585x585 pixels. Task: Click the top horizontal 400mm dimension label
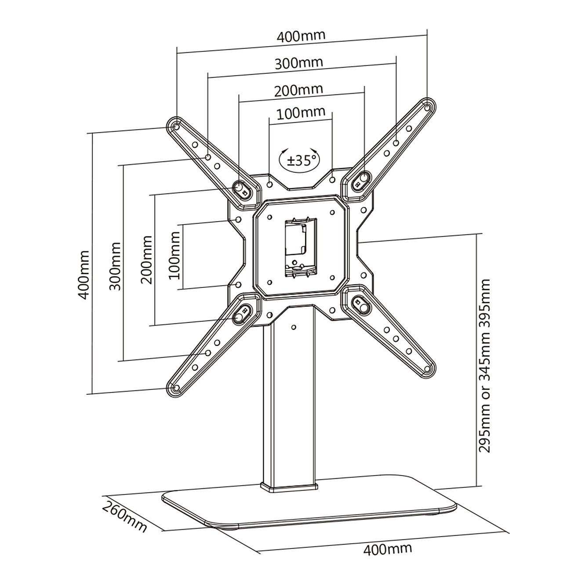[x=301, y=36]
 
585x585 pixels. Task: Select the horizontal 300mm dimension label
[x=299, y=63]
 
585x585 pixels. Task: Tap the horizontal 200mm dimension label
[x=299, y=90]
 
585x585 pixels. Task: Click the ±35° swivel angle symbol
[x=300, y=160]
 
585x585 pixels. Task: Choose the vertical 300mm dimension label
[x=114, y=266]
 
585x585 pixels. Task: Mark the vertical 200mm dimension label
[x=146, y=260]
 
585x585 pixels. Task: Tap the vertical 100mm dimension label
[x=174, y=255]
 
